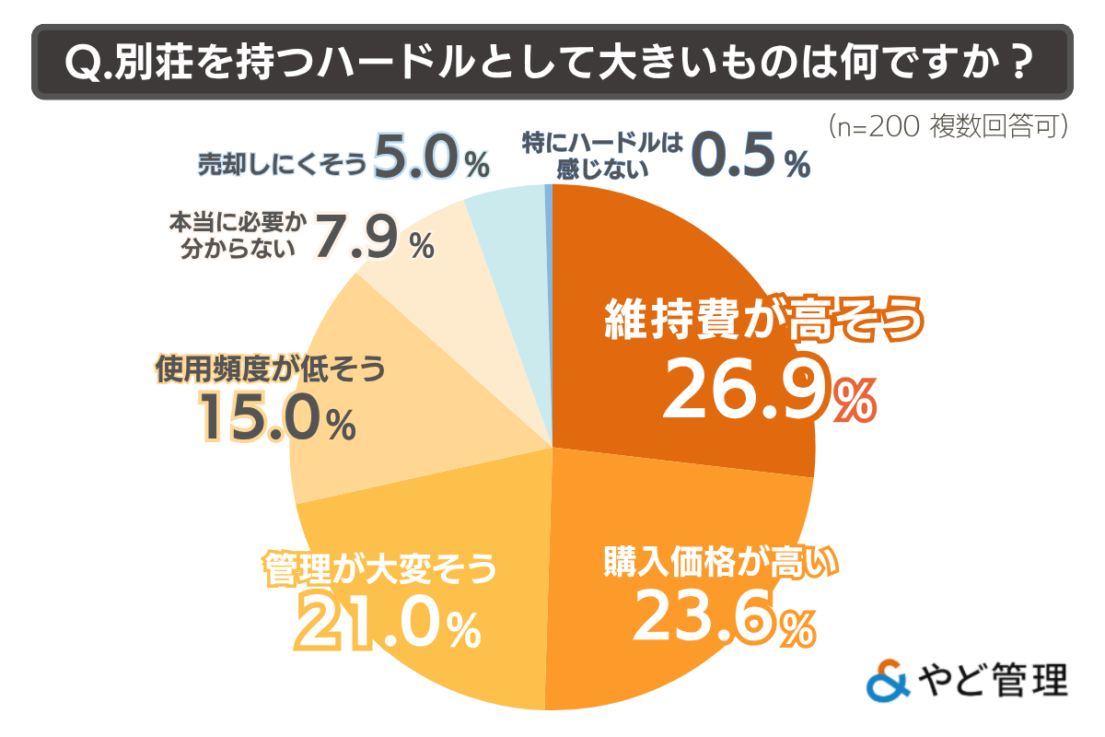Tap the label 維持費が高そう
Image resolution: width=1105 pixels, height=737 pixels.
tap(763, 320)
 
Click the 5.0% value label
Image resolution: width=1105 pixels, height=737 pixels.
tap(432, 162)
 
